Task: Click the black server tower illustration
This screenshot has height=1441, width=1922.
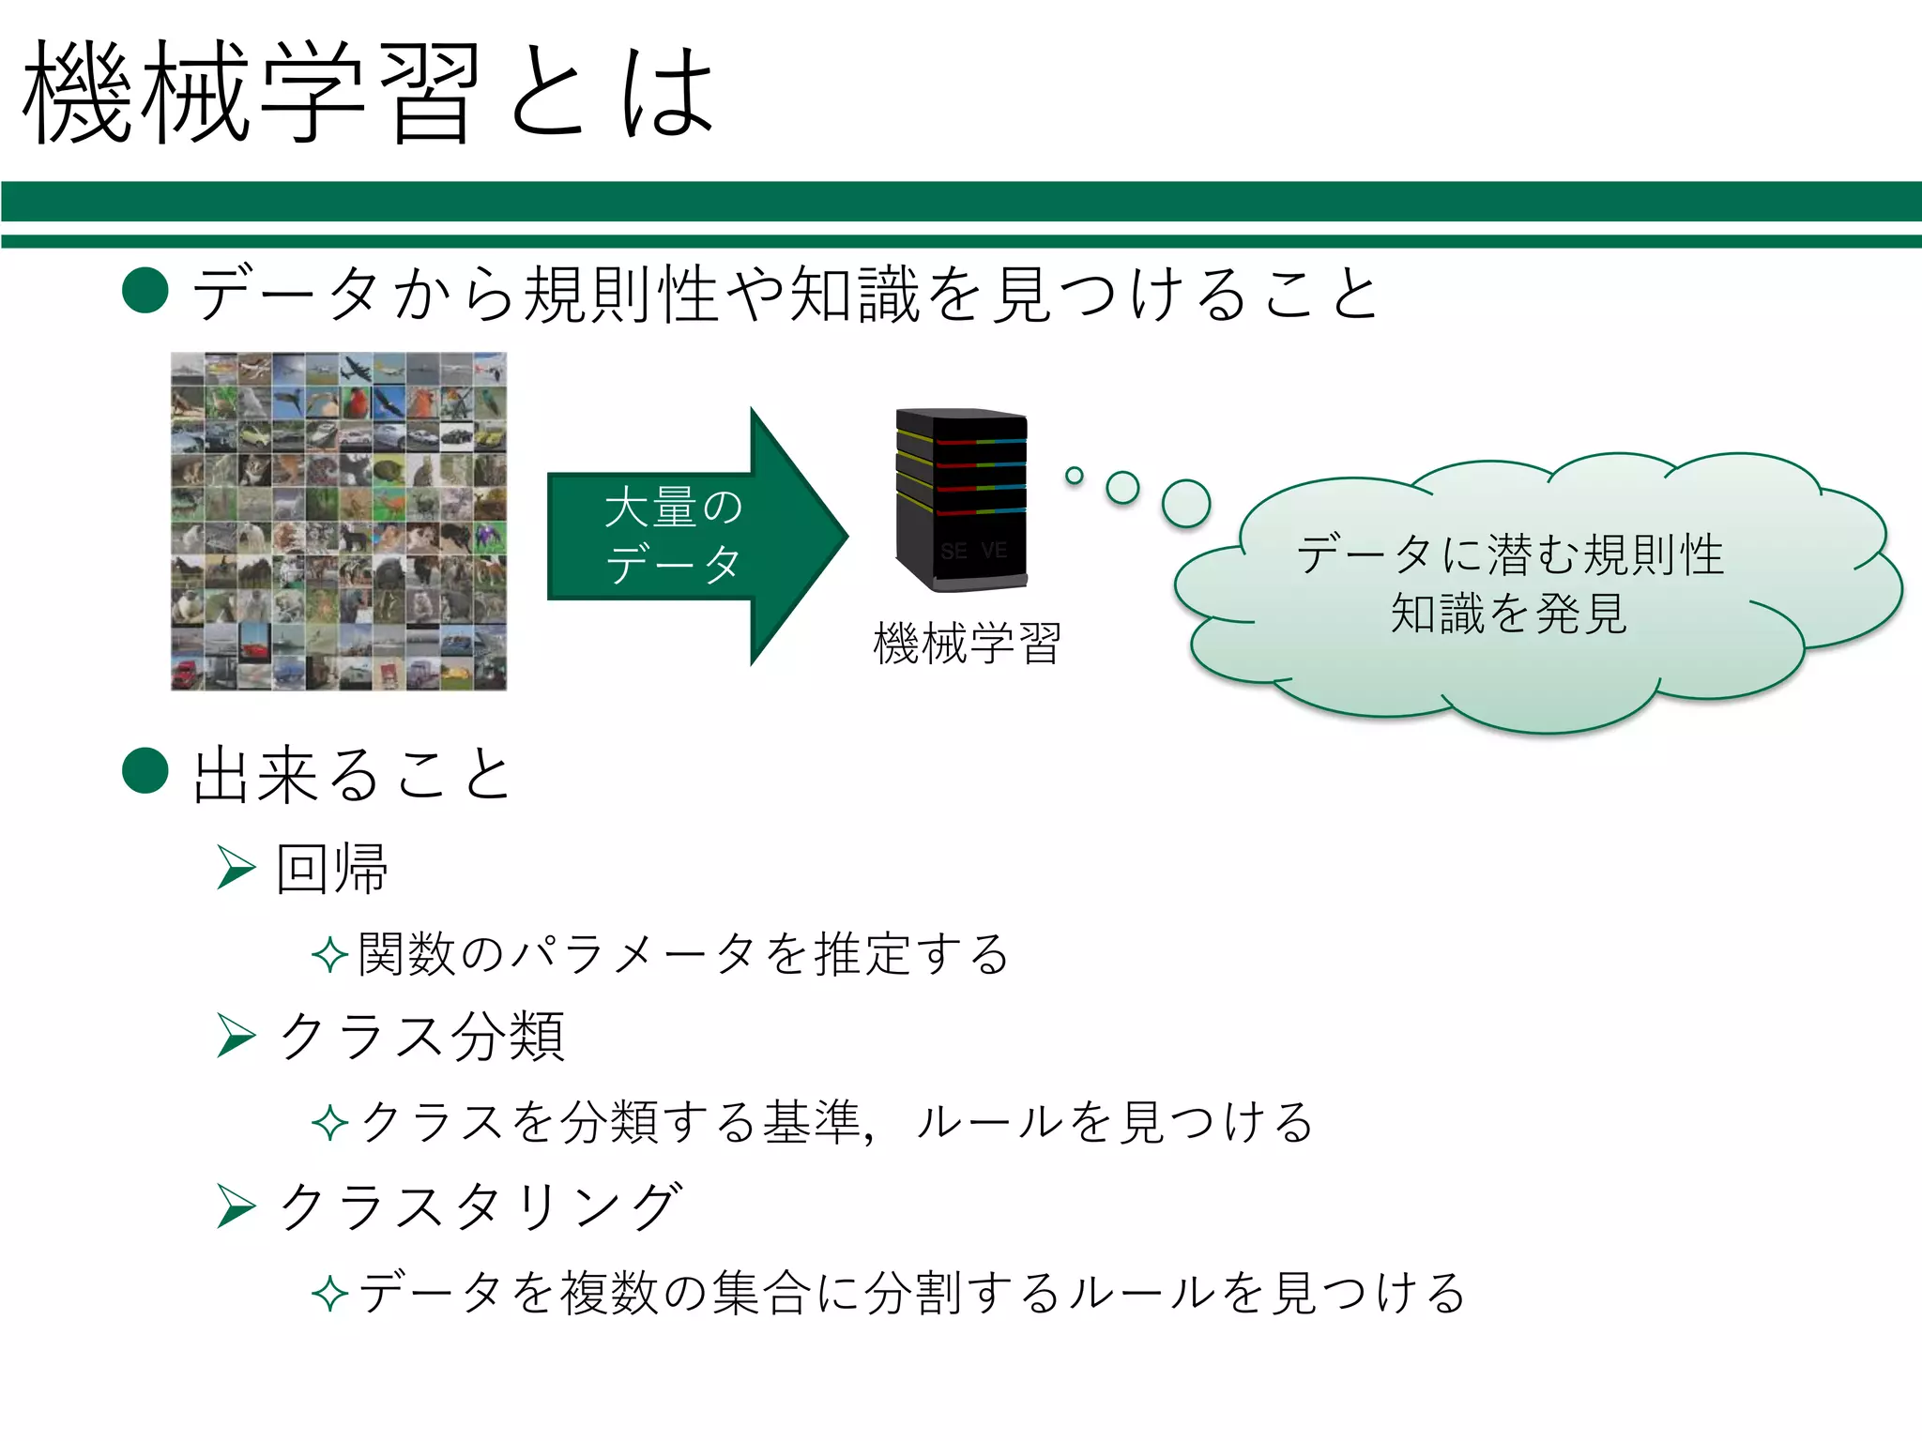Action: (x=961, y=499)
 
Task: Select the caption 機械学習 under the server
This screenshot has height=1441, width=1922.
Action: (x=967, y=644)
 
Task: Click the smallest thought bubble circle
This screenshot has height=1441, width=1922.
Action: (x=1075, y=476)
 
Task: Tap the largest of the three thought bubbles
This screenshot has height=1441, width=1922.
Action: (x=1186, y=504)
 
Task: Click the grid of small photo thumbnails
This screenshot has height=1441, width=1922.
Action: (x=339, y=522)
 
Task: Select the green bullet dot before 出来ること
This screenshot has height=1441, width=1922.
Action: (x=145, y=770)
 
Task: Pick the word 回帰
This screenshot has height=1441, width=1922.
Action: (x=332, y=869)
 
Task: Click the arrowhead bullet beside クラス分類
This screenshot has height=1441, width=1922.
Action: (x=236, y=1035)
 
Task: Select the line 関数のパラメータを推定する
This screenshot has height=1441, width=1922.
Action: (x=683, y=954)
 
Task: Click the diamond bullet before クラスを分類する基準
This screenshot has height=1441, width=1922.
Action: (x=329, y=1123)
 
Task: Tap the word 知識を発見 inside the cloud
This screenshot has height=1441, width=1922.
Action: (x=1508, y=614)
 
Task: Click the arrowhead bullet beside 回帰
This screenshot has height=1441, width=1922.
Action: (x=236, y=867)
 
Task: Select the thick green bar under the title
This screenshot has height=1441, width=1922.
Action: (x=961, y=202)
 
